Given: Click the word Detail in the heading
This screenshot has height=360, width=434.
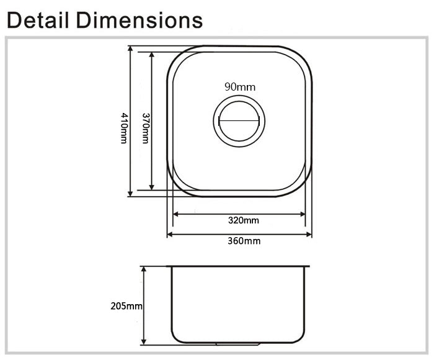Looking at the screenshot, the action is point(38,20).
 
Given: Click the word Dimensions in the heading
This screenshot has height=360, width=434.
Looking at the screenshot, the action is point(139,20).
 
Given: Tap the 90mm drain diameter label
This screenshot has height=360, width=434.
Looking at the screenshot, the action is point(240,87).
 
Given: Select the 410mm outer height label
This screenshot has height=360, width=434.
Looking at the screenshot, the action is point(124,128).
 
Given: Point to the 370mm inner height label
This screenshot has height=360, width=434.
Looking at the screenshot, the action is point(146,128).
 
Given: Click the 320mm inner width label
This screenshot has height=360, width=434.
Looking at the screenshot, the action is point(244,220).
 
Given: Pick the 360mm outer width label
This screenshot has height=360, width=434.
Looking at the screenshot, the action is point(244,241).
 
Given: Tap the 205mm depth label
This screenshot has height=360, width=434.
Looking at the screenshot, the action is point(126,306).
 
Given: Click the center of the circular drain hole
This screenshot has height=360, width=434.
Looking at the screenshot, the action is point(239,121).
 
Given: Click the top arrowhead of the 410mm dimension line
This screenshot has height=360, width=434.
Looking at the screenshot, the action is point(130,49).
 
